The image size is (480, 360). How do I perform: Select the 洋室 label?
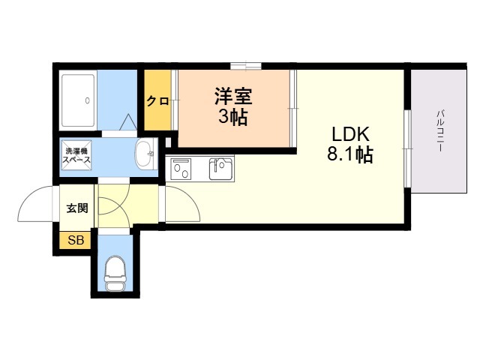coord(233,97)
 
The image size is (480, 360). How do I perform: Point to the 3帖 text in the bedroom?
coord(233,118)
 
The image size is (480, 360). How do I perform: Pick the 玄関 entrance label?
coord(77,208)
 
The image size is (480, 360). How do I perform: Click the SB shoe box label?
coord(76,241)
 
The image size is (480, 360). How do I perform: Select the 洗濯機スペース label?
coord(76,155)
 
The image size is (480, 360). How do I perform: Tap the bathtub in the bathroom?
coord(78,100)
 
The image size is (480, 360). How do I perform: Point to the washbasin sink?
coord(144,154)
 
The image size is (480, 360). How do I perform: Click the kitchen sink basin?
coord(221,169)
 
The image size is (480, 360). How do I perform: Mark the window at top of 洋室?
coord(246,66)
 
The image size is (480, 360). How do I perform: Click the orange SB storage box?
coord(76,241)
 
